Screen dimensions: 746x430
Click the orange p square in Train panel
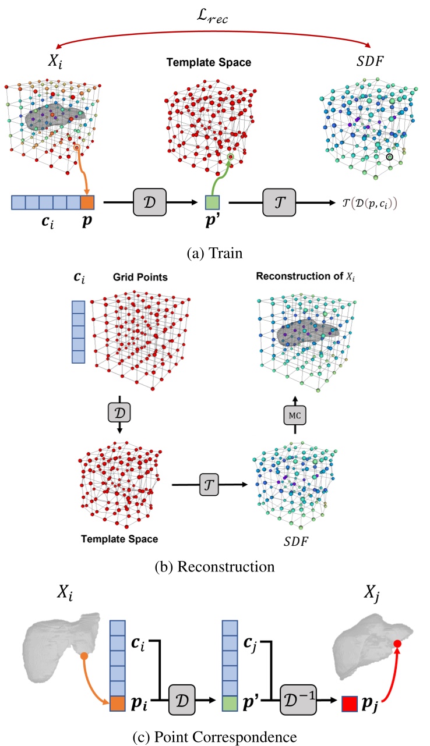tap(86, 203)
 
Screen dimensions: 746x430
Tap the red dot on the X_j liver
tap(397, 644)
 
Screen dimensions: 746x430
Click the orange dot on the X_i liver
tap(84, 656)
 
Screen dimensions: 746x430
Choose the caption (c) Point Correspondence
tap(214, 734)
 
